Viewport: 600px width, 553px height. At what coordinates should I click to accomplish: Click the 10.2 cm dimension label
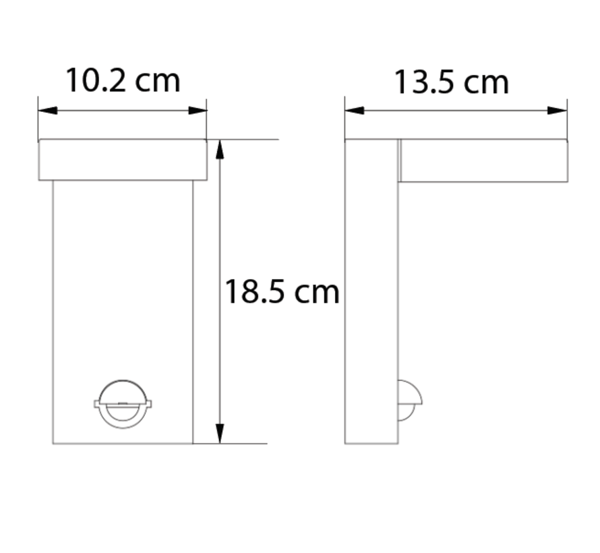coord(123,81)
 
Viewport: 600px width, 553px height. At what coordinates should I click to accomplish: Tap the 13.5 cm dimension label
coord(451,82)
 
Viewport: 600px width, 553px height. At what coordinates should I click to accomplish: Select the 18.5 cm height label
coord(282,293)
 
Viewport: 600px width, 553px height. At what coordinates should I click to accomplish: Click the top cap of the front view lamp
coord(123,161)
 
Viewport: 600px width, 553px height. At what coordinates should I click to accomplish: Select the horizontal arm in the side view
coord(483,161)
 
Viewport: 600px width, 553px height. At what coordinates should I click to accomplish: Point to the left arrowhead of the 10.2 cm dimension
coord(44,110)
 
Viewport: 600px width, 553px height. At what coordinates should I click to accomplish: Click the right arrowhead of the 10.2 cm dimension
coord(200,110)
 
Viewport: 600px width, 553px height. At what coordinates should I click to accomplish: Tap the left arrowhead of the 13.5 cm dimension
coord(353,110)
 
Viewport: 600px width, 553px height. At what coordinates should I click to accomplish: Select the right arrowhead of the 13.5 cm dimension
coord(558,110)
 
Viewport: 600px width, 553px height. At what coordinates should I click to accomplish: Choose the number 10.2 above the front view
coord(94,81)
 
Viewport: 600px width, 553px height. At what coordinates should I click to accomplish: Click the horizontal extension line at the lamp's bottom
coord(233,444)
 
